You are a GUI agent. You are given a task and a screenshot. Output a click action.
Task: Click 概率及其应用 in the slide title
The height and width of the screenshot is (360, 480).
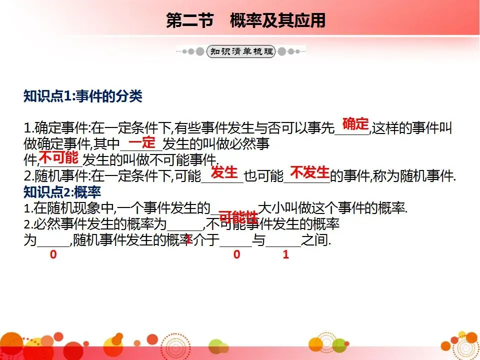tap(277, 20)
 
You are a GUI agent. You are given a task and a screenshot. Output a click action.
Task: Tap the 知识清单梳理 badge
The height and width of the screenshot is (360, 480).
tap(241, 51)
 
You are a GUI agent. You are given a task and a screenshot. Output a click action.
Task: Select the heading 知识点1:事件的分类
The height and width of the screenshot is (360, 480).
tap(83, 96)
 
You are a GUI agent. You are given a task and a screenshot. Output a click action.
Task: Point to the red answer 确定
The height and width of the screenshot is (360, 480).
tap(355, 124)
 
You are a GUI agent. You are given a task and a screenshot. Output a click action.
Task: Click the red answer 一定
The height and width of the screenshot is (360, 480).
tap(142, 142)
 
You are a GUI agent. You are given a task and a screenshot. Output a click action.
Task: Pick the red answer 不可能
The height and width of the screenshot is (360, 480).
tap(58, 158)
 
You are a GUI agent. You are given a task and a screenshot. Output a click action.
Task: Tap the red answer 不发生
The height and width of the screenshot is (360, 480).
tap(309, 173)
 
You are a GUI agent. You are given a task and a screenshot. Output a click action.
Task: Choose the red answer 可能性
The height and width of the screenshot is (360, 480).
tap(238, 217)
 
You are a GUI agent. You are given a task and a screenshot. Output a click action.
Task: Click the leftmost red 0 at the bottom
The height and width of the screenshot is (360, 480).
tap(53, 254)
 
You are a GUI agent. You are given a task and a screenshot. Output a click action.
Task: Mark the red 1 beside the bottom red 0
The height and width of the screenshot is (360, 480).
tap(285, 254)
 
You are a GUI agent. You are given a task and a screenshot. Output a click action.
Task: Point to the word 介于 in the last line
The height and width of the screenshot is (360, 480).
tap(207, 240)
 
